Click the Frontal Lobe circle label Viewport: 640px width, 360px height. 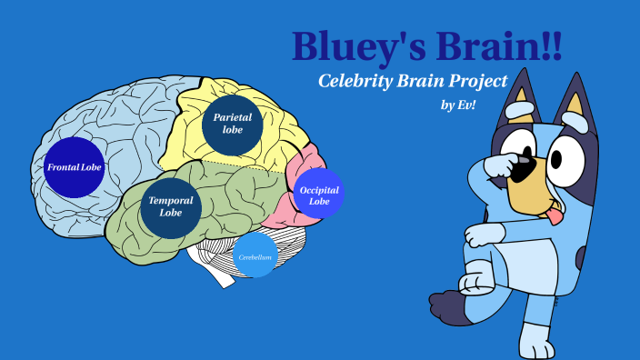75,167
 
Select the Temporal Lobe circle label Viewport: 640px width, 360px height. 171,206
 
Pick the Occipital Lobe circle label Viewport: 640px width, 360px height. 318,195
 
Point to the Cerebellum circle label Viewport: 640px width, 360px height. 255,257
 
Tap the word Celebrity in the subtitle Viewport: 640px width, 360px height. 355,81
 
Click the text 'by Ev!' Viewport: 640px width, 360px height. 459,105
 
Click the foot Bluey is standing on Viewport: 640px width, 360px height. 535,350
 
